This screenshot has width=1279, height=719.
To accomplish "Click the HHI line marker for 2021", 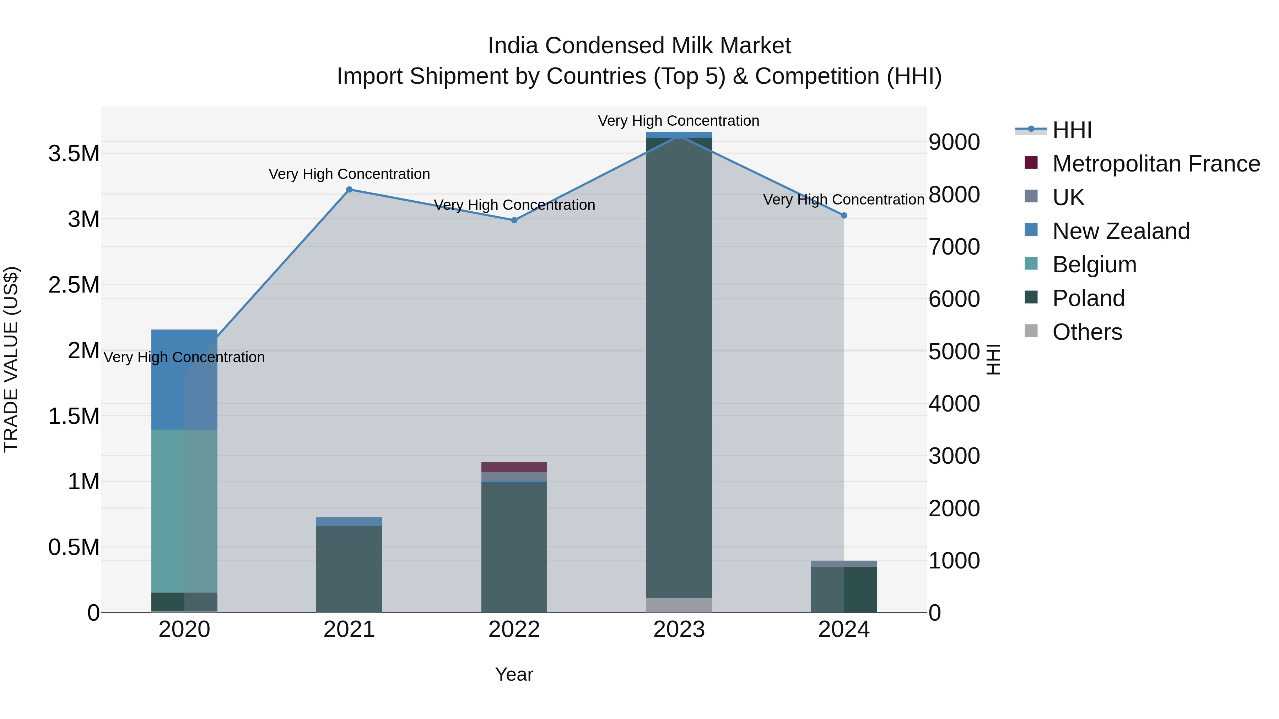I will [349, 190].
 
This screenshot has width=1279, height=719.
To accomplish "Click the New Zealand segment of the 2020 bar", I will [184, 379].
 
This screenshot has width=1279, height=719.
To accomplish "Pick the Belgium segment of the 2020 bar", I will [184, 511].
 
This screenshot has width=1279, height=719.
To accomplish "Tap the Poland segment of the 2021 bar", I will [349, 569].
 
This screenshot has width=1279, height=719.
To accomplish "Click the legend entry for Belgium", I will [1094, 265].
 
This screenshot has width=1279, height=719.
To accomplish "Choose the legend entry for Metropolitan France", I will [1156, 164].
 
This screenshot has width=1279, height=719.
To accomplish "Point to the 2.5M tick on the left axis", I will [74, 285].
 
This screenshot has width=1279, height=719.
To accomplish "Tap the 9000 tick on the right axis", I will [954, 142].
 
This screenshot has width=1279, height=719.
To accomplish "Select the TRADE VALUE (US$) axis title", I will [11, 359].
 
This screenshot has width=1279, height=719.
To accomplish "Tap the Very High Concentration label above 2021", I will [349, 174].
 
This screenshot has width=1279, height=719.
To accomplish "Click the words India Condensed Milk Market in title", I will [639, 46].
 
